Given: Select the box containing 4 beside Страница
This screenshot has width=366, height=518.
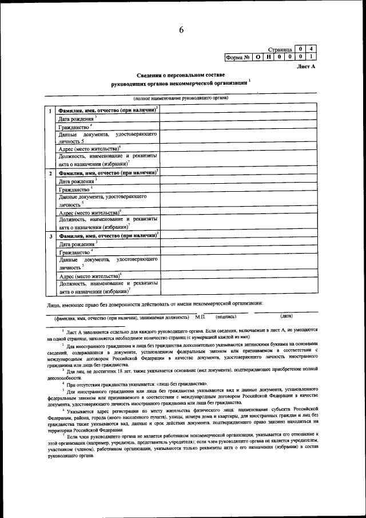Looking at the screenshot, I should [x=311, y=49].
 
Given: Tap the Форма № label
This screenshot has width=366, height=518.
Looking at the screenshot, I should [x=238, y=57].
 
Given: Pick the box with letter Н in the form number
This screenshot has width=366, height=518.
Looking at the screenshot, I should [x=269, y=57].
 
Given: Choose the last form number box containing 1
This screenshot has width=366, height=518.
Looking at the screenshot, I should [x=311, y=57].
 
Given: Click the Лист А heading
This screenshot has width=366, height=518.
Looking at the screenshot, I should [x=306, y=67].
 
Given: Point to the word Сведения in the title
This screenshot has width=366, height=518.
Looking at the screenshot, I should [x=150, y=76].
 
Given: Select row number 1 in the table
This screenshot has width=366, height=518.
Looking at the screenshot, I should [x=51, y=110].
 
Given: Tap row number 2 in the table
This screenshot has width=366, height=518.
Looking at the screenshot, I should [x=51, y=173].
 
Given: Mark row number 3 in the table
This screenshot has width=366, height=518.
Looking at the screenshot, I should [x=51, y=236].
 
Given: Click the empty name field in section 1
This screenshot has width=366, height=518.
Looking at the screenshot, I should [x=238, y=109].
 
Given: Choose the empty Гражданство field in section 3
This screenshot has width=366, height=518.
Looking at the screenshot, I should [x=238, y=251].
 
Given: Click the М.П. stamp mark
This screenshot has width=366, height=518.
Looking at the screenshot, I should [x=200, y=316].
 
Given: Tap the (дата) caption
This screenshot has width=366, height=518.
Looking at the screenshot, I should [x=287, y=316].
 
